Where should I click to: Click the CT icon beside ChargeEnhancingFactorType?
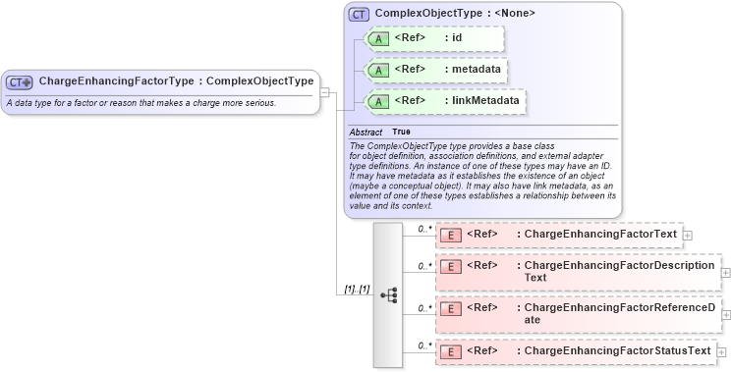[x=20, y=81]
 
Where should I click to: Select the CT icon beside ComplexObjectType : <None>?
[x=359, y=15]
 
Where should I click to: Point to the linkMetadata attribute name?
[x=481, y=101]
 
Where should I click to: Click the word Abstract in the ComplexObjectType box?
[x=365, y=132]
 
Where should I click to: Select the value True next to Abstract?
[x=402, y=132]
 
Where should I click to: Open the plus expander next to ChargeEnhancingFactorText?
[x=688, y=236]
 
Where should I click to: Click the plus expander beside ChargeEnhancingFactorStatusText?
[x=722, y=351]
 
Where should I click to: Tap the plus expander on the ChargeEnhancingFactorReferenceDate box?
[x=726, y=314]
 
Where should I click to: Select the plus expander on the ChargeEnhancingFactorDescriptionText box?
[x=726, y=272]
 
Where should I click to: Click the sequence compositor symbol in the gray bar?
[x=388, y=293]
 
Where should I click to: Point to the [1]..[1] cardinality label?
[x=356, y=290]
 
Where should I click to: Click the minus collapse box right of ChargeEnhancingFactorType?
[x=325, y=92]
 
